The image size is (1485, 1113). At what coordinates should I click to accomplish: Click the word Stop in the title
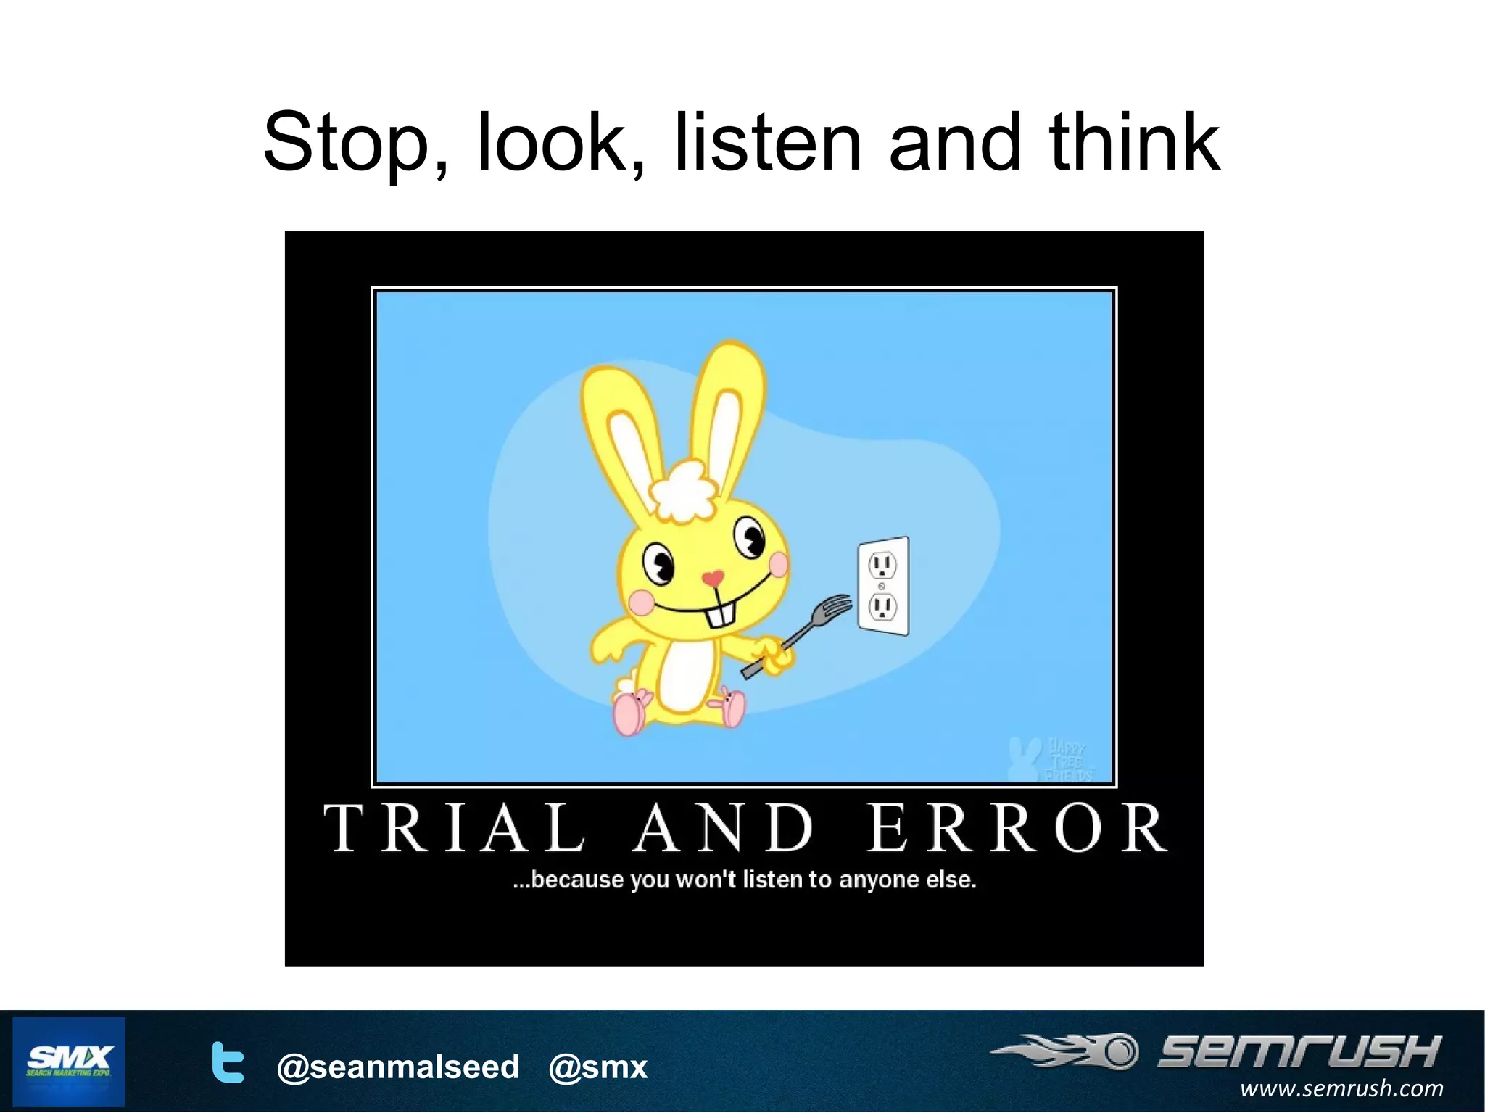coord(347,144)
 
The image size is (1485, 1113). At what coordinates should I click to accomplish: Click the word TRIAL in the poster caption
coord(455,828)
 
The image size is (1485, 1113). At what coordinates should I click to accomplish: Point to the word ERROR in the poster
coord(1017,828)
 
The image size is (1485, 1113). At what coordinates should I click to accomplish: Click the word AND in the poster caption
coord(724,828)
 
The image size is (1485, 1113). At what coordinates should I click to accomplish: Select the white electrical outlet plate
coord(883,586)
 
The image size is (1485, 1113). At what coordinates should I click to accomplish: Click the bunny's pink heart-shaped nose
coord(713,578)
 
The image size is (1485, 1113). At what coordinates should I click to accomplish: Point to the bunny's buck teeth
coord(720,616)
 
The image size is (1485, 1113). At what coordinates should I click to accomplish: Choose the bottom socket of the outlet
coord(882,606)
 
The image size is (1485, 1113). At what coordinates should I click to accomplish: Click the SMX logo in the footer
coord(69,1061)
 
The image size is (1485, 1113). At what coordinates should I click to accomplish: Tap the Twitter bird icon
coord(227,1062)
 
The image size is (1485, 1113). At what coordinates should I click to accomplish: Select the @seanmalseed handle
coord(398,1067)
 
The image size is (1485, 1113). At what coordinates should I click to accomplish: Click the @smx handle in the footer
coord(597,1067)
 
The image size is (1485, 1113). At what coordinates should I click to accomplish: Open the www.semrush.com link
coord(1341,1088)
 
